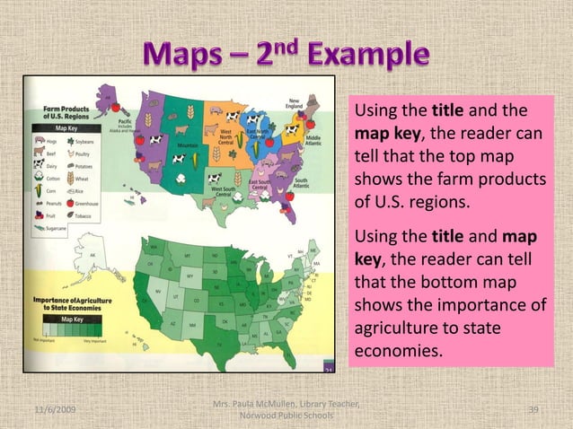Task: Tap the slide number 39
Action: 534,409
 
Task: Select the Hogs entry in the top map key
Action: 50,141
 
